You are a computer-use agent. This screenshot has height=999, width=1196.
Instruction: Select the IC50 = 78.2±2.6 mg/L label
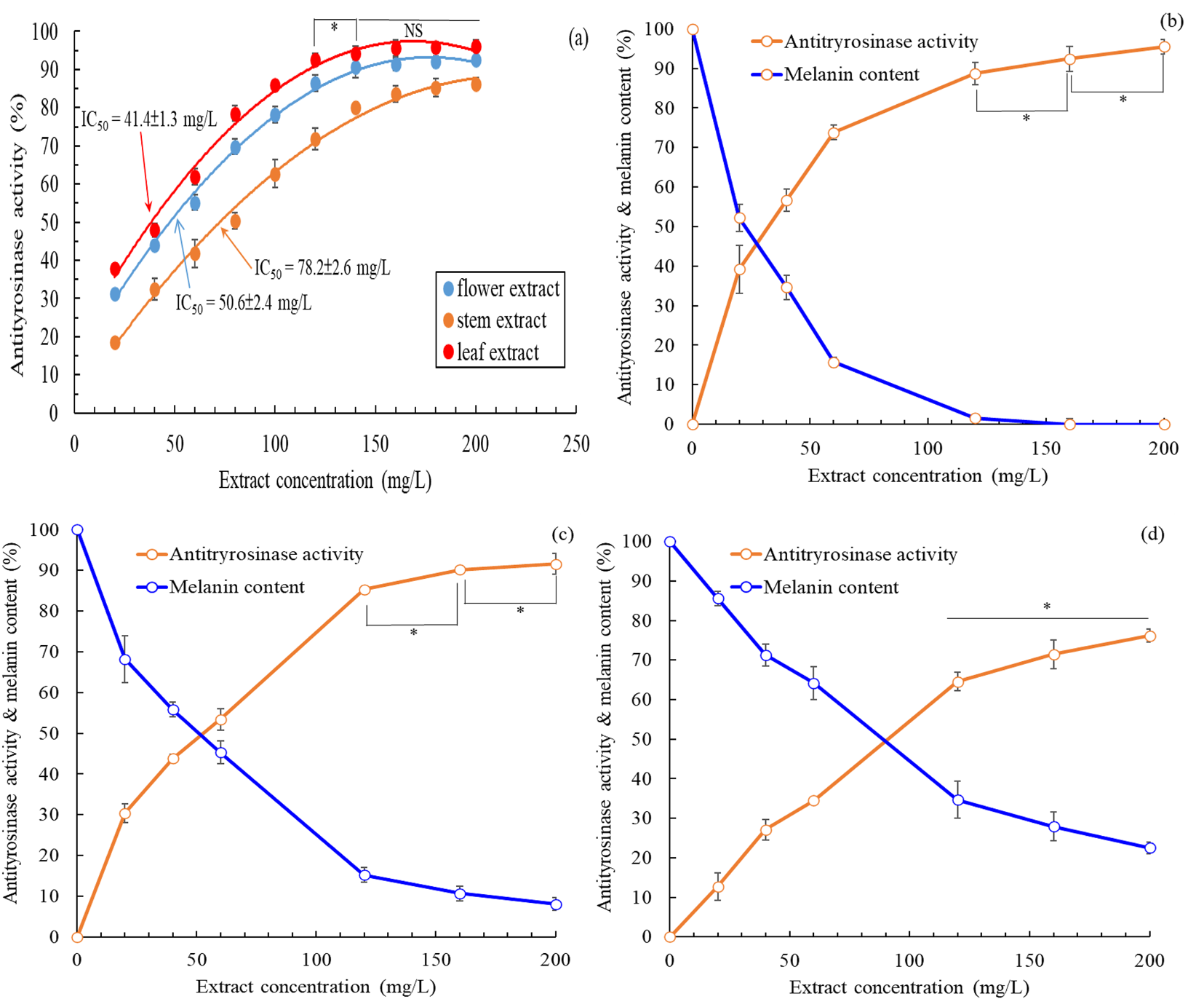[322, 269]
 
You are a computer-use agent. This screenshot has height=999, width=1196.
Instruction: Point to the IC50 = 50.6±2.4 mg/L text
[243, 304]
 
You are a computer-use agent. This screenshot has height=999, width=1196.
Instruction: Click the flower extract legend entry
[501, 289]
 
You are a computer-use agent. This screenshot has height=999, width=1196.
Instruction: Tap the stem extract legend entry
[495, 321]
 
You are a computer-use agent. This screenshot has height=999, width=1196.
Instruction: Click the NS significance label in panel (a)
[413, 31]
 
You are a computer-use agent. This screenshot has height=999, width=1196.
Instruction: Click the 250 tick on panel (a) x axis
[576, 444]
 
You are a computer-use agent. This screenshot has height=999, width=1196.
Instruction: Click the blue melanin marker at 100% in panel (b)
[693, 30]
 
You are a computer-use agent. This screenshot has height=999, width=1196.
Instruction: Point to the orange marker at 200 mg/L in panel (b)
[1164, 47]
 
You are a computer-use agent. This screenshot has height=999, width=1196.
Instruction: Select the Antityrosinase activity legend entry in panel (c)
[251, 555]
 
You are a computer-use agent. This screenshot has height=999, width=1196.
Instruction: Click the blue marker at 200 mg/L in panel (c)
[556, 905]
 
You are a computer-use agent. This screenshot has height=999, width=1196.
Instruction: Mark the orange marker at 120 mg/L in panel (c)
[364, 590]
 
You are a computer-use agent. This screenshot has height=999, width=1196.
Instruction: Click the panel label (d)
[1152, 534]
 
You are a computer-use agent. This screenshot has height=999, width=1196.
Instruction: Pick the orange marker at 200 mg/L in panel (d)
[1150, 636]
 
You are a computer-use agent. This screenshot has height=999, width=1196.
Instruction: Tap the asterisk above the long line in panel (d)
[1047, 607]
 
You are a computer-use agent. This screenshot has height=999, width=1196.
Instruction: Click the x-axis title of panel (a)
[325, 481]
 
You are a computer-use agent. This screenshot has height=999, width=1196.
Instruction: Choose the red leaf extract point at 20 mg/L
[115, 269]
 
